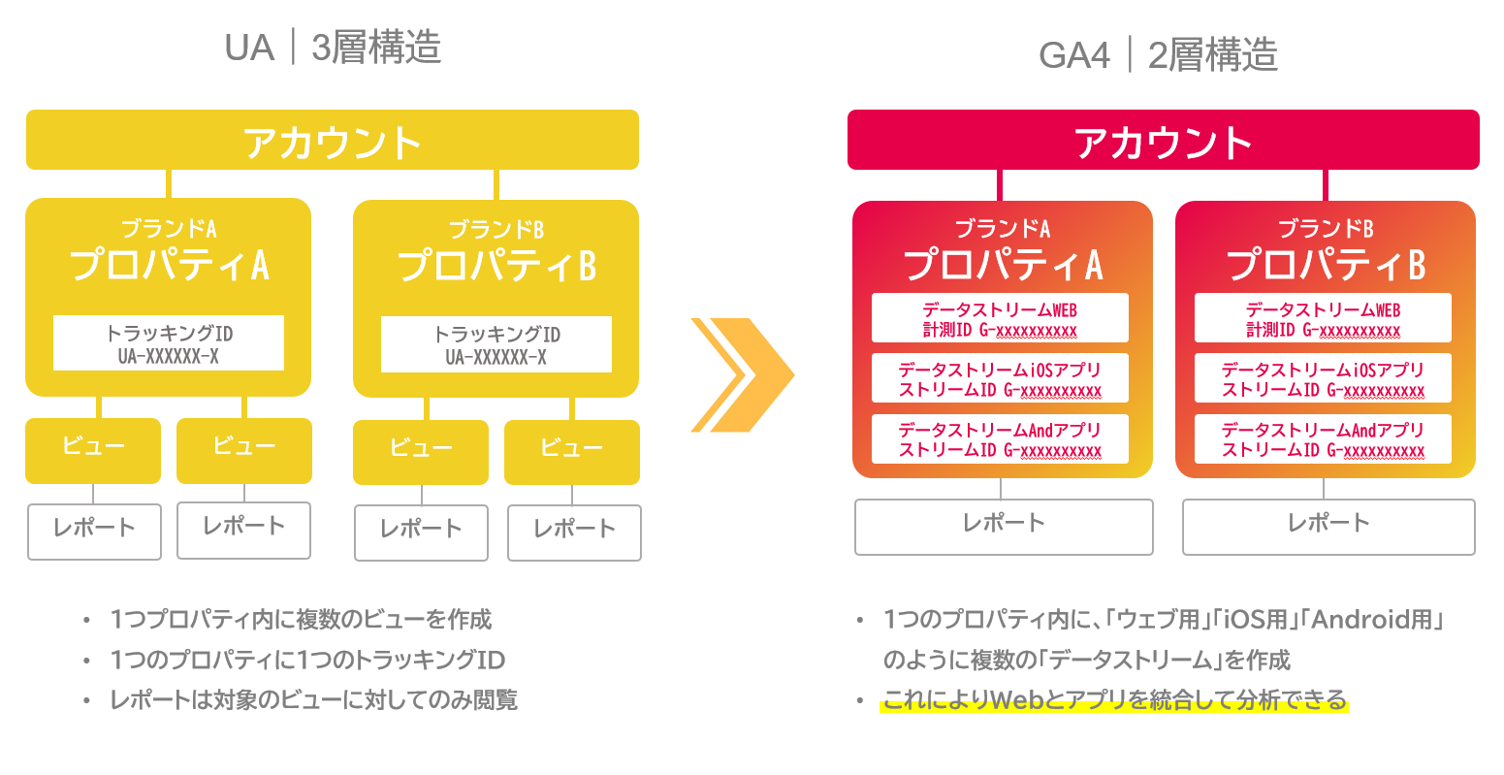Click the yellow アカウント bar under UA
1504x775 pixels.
332,141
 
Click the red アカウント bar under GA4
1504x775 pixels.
1163,141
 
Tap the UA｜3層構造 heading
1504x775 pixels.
333,47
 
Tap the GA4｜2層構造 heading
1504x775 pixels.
1158,54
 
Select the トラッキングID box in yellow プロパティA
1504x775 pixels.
169,343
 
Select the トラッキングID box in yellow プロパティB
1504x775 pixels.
496,344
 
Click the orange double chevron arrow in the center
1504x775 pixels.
742,374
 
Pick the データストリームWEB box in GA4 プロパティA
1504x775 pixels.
1000,319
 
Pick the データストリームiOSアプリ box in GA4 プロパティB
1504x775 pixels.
1323,379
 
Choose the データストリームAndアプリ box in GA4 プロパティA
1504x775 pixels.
1000,439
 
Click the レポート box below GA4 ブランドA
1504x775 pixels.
1004,526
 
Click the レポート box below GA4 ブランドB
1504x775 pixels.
1328,526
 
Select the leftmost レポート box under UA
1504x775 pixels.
94,531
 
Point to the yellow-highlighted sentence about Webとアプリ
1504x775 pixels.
1114,700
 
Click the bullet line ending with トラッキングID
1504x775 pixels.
307,661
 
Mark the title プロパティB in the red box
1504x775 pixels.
1325,265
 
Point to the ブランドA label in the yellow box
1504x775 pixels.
169,229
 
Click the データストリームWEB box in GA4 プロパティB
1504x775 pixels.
1323,319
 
